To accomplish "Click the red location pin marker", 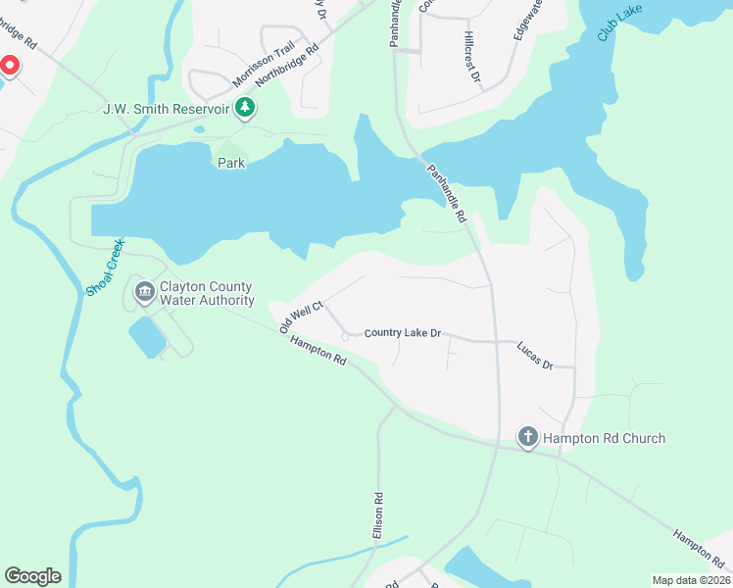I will tap(9, 67).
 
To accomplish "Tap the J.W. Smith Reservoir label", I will tap(167, 108).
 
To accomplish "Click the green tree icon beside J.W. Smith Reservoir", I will tap(245, 108).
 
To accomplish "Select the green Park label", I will tap(231, 163).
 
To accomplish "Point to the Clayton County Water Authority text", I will tap(207, 294).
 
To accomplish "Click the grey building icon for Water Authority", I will tap(144, 291).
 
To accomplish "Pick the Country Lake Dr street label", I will tap(403, 333).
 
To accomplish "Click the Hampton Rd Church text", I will tap(605, 438).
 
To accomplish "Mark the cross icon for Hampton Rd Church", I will tap(527, 438).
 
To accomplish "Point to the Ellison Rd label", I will tap(377, 514).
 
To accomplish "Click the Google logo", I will tap(32, 576).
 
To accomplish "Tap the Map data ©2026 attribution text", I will tap(690, 580).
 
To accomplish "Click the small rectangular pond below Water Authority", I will tap(148, 337).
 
